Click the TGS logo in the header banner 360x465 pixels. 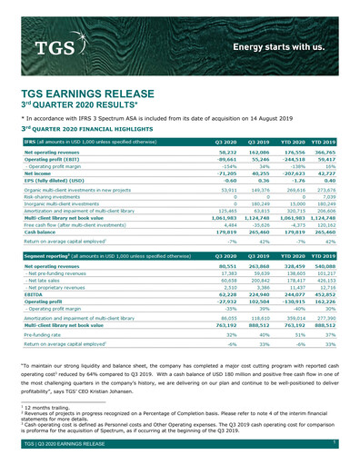click(52, 45)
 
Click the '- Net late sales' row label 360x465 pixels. click(44, 282)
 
